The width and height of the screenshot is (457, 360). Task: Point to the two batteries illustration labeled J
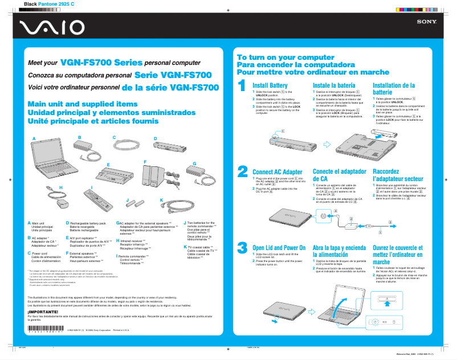pyautogui.click(x=134, y=203)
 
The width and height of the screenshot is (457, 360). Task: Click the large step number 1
pyautogui.click(x=242, y=86)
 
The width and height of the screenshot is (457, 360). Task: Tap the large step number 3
pyautogui.click(x=242, y=247)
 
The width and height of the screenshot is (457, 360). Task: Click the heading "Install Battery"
pyautogui.click(x=270, y=85)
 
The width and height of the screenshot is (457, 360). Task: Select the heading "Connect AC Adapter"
pyautogui.click(x=277, y=171)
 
